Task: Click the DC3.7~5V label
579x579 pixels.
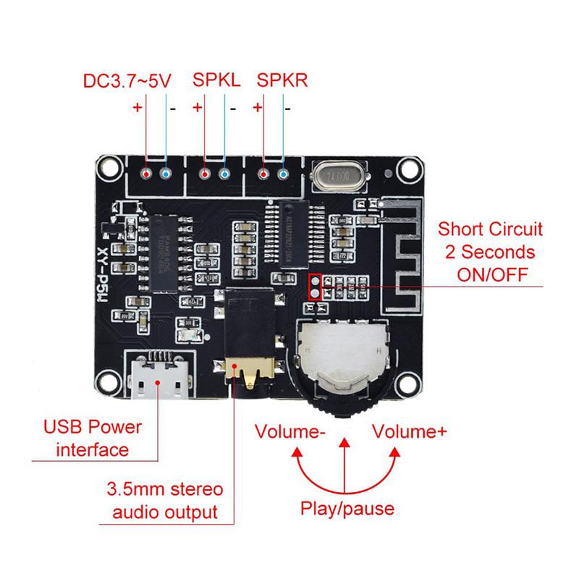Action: (x=127, y=80)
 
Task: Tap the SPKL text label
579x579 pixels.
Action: (x=216, y=80)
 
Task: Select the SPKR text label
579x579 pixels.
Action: (x=282, y=80)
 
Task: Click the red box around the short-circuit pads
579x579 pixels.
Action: (x=316, y=287)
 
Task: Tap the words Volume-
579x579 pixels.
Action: (x=290, y=431)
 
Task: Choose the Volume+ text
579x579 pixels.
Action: (x=409, y=431)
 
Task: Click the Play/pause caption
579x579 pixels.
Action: (x=347, y=508)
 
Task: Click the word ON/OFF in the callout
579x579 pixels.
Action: (x=491, y=275)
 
